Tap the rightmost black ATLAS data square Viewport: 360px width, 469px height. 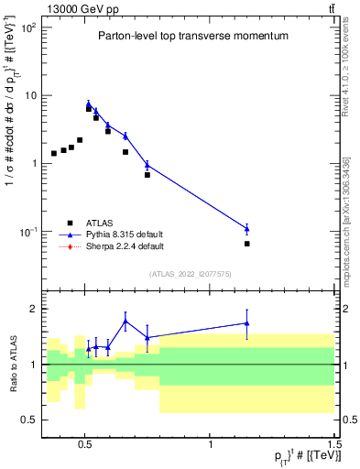(247, 244)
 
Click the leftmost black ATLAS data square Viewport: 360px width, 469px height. (54, 153)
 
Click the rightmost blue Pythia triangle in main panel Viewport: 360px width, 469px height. (247, 228)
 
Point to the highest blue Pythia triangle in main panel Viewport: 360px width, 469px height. (89, 104)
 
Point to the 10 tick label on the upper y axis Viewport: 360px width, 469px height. (29, 95)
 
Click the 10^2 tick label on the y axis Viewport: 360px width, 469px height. (27, 27)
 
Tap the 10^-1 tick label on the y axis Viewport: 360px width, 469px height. (27, 232)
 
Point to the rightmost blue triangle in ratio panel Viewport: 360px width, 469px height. (247, 322)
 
